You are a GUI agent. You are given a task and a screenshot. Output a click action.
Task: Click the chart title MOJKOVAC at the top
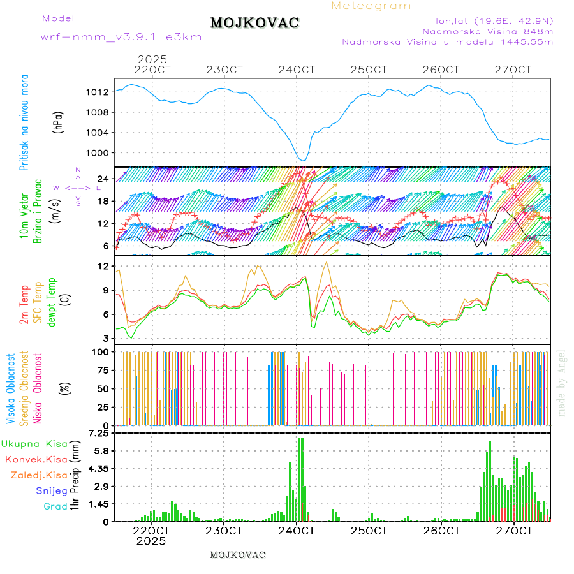click(x=254, y=23)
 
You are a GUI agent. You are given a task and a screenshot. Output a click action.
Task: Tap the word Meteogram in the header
click(x=371, y=6)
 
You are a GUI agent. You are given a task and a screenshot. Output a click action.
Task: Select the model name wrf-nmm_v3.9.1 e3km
click(x=121, y=37)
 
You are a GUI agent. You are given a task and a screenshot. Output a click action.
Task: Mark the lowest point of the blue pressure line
click(x=304, y=160)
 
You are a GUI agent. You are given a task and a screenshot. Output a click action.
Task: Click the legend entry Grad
click(x=55, y=506)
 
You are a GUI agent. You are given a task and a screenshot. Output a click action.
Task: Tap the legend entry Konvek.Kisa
click(x=36, y=459)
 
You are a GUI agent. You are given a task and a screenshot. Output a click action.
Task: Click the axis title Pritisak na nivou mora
click(x=24, y=122)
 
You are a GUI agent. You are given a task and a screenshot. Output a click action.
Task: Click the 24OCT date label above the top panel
click(x=297, y=70)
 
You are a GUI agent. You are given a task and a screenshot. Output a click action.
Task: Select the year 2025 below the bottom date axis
click(x=151, y=541)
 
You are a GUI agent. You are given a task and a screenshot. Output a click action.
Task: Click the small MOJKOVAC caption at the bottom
click(x=237, y=555)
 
